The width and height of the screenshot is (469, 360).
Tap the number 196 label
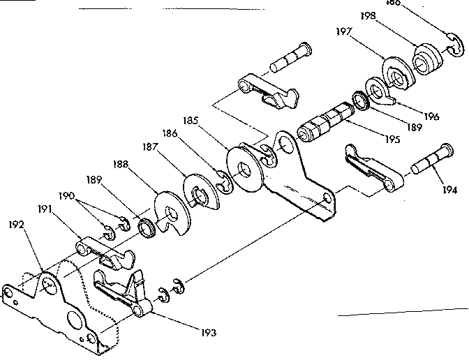coord(431,117)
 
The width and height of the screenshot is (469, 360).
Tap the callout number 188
coord(120,165)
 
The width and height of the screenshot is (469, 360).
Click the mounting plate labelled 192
coord(56,307)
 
